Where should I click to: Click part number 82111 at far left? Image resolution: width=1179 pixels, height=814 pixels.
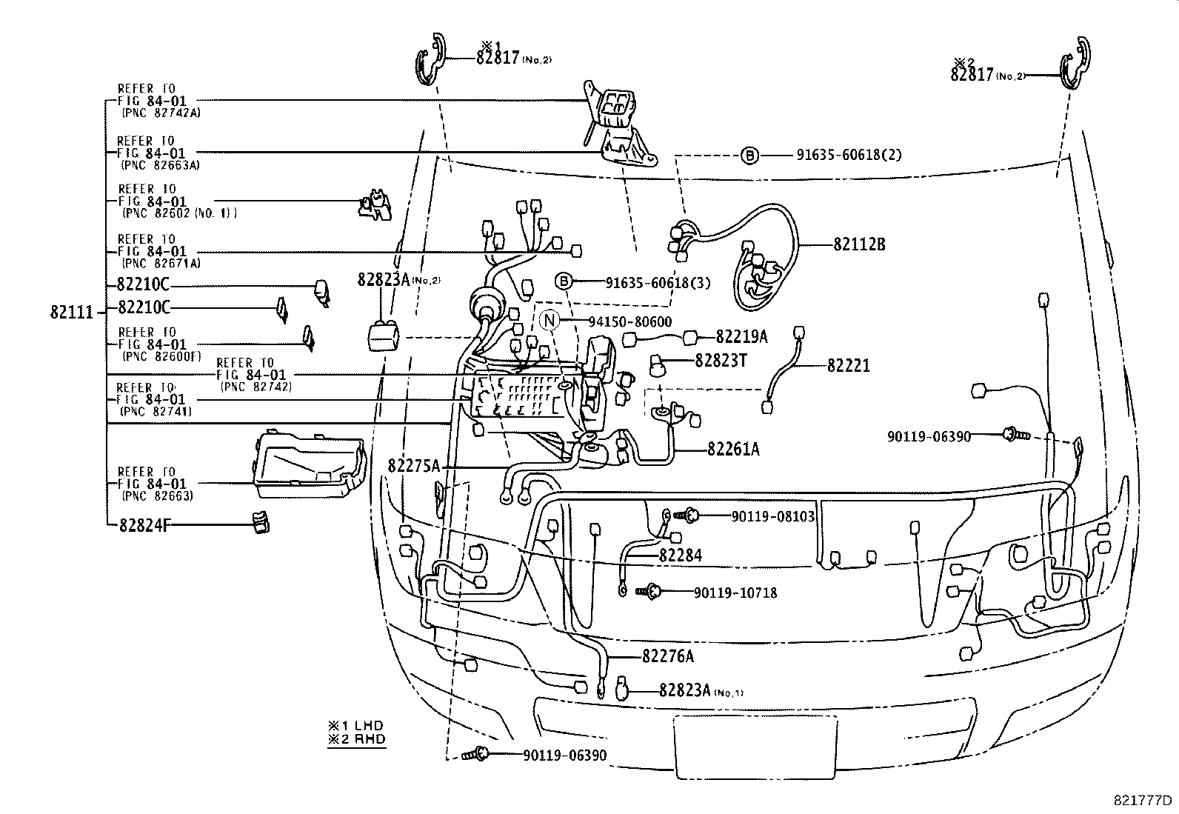pos(72,312)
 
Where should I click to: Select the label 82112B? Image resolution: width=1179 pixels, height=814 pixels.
pos(859,244)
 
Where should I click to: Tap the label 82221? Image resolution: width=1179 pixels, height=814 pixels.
pos(848,365)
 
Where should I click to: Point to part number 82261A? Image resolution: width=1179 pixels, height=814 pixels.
pos(732,448)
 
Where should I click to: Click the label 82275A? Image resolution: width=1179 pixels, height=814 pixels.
pos(413,466)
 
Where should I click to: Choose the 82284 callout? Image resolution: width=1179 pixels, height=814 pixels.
pos(680,555)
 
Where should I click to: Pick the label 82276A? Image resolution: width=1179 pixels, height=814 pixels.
pos(668,656)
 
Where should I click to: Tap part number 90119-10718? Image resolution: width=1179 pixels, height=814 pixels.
pos(735,593)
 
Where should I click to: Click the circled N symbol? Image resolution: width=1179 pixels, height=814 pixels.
pos(549,321)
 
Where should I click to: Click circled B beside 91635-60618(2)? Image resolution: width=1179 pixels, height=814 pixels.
pos(749,155)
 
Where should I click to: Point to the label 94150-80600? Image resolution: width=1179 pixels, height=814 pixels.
pos(629,321)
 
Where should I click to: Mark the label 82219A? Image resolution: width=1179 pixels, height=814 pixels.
pos(741,337)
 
